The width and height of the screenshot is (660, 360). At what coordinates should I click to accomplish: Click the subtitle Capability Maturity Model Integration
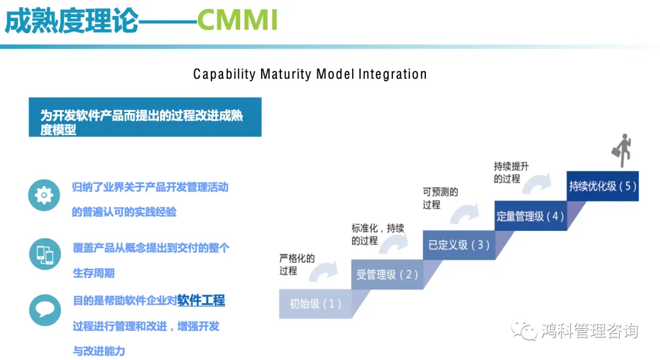[310, 75]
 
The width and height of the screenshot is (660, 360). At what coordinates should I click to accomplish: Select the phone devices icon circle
[45, 254]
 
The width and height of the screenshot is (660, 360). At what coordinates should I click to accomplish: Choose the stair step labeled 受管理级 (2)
[387, 274]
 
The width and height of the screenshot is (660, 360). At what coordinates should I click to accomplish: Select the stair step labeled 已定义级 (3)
[459, 245]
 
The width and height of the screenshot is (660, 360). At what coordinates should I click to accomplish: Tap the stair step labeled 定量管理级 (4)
[530, 216]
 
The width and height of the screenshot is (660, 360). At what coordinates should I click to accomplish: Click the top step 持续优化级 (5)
[603, 186]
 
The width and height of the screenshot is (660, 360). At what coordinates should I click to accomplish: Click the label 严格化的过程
[297, 264]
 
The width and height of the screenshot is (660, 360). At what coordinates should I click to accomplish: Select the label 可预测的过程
[440, 198]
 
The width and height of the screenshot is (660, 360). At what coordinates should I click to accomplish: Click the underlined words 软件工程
[201, 300]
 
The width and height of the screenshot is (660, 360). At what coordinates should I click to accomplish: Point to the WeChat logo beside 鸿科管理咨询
[525, 331]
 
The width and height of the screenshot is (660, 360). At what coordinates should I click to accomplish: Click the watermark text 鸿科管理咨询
[590, 331]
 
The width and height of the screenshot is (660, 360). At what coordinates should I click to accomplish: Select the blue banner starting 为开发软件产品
[145, 117]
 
